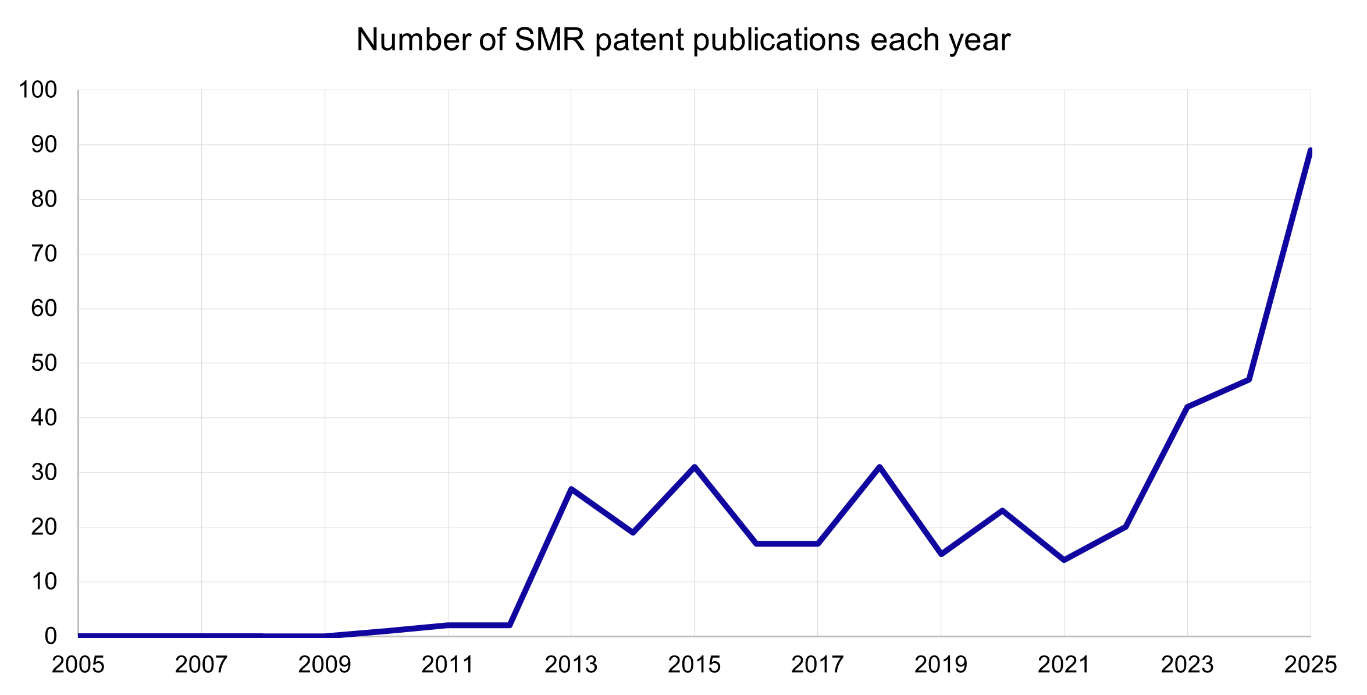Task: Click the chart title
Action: tap(683, 40)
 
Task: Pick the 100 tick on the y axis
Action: tap(38, 90)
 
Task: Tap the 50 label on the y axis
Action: tap(44, 363)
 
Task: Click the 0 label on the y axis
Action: tap(51, 636)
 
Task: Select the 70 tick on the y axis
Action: tap(44, 254)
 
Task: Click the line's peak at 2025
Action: tap(1309, 151)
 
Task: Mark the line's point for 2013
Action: tap(571, 489)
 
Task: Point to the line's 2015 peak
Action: tap(695, 467)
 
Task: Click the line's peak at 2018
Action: tap(880, 467)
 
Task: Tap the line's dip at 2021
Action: tap(1064, 560)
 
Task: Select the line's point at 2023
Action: tap(1187, 407)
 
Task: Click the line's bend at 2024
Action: tap(1249, 380)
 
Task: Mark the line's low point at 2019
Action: tap(941, 554)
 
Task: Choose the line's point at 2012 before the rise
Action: tap(510, 625)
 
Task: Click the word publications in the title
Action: tap(777, 40)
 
